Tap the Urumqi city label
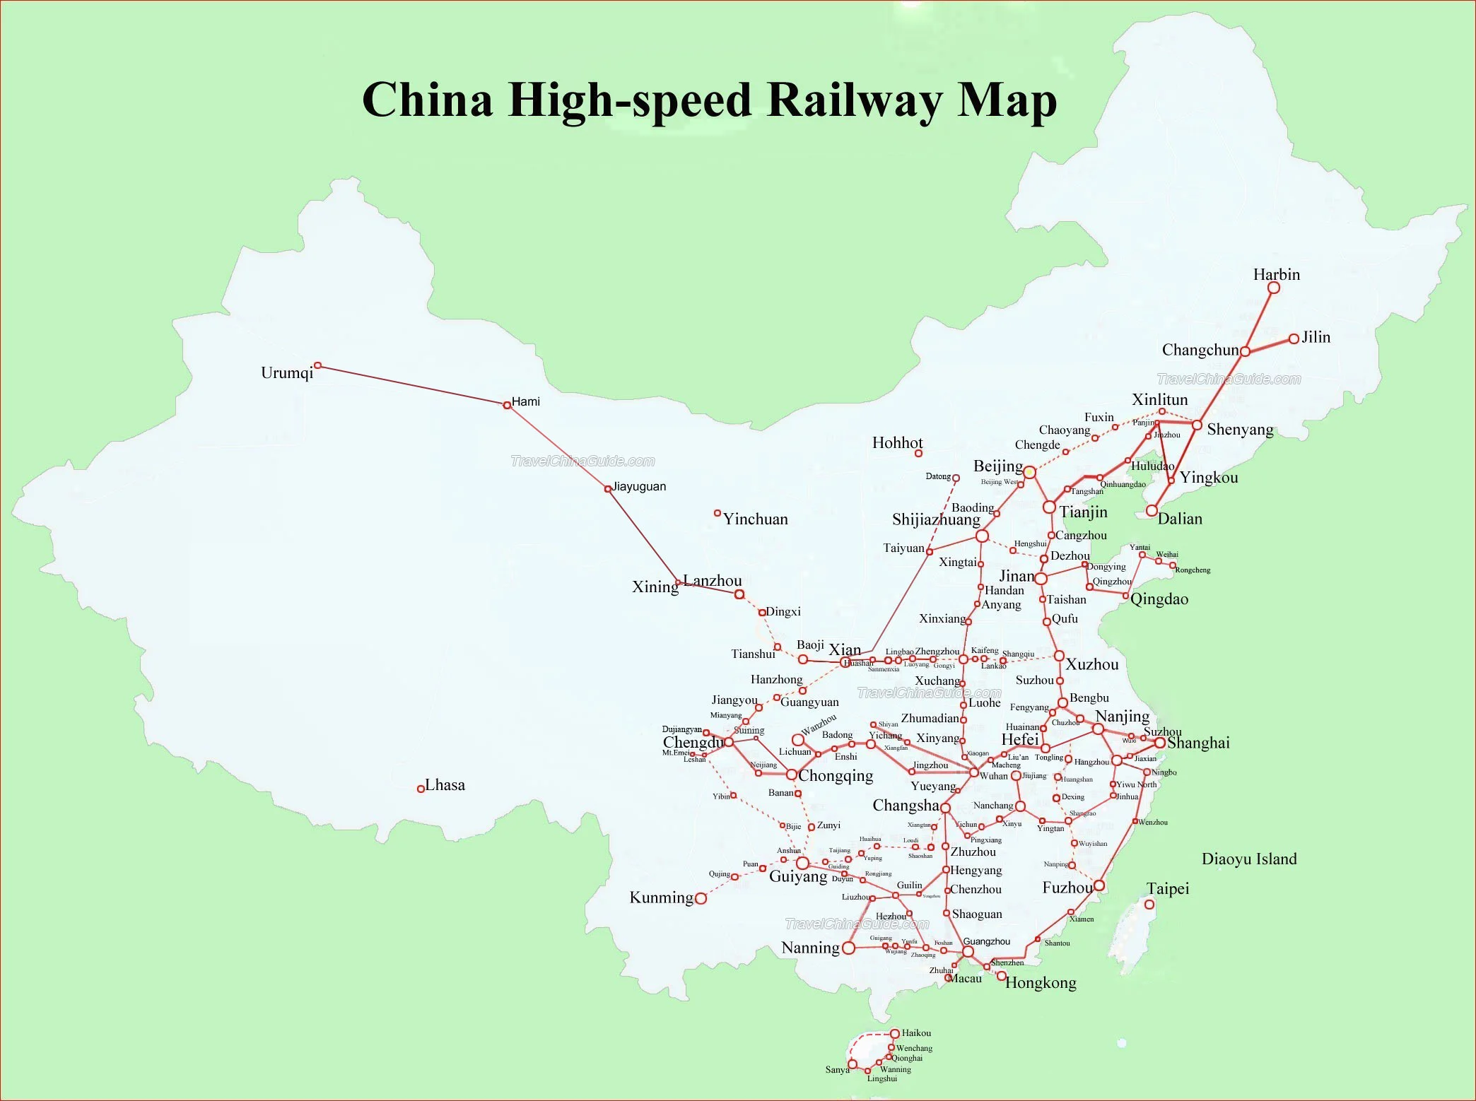[x=286, y=373]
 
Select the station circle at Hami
[x=507, y=405]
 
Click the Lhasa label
[x=445, y=785]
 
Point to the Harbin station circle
[x=1274, y=288]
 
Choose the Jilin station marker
[x=1294, y=338]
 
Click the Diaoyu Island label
[x=1249, y=859]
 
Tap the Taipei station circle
[x=1149, y=905]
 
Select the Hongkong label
[x=1041, y=983]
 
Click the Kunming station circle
[x=701, y=898]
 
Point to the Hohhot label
[x=897, y=443]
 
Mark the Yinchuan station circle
[x=717, y=513]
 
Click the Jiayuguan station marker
[x=608, y=488]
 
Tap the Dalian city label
[x=1180, y=519]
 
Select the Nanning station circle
[x=849, y=948]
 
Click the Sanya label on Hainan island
[x=837, y=1069]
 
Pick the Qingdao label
[x=1159, y=599]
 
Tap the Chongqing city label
[x=836, y=776]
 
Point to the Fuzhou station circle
[x=1099, y=885]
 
